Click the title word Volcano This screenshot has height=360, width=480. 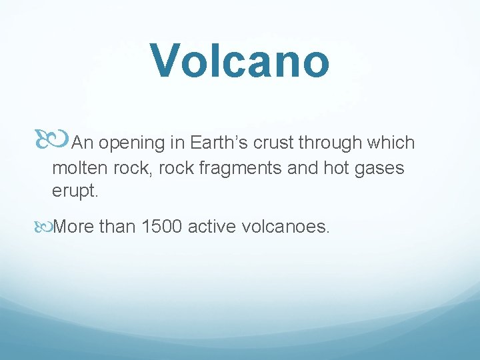239,60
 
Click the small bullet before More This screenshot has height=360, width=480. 45,227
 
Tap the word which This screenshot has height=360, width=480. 394,143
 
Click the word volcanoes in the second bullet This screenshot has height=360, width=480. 285,227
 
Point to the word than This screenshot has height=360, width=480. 117,227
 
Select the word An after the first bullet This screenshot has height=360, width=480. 82,143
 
